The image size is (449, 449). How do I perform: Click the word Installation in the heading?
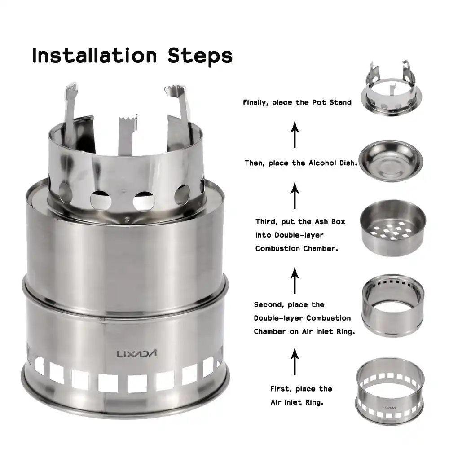94,55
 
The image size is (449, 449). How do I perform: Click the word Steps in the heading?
200,57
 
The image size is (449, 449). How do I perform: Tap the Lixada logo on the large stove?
136,354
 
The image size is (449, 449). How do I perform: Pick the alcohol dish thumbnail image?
391,161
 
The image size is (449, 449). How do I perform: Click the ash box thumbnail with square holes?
393,228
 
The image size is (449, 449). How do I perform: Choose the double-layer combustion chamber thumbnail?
393,305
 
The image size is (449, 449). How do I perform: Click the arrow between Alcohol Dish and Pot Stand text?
295,134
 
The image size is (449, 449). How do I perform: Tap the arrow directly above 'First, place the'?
295,361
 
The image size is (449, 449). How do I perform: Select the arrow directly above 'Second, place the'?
295,280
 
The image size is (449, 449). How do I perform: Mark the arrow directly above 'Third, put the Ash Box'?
295,195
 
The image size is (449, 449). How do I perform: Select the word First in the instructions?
281,389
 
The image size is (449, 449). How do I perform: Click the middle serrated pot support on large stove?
127,135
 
